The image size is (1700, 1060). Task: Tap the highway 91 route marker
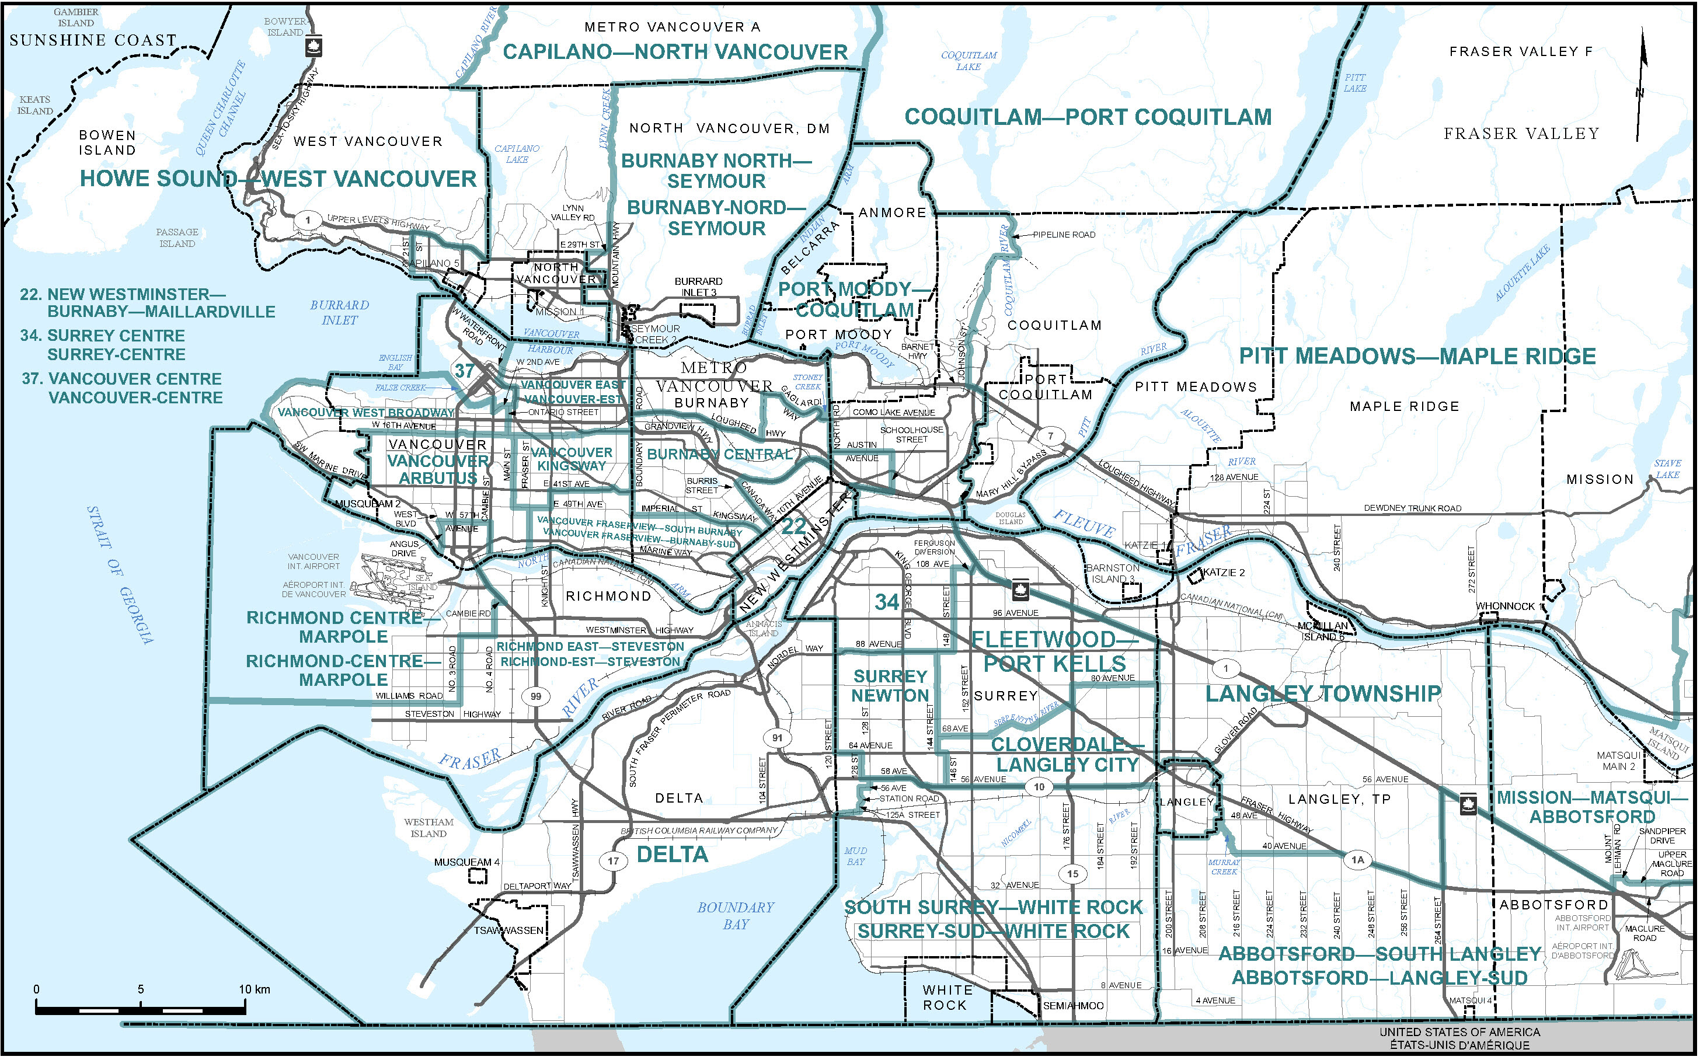point(777,738)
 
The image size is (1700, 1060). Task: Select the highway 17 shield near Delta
point(614,861)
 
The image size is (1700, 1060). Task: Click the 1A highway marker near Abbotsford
point(1357,859)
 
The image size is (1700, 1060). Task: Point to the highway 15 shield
point(1072,874)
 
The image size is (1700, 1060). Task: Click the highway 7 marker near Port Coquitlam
point(1050,435)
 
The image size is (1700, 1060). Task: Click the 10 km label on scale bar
point(254,989)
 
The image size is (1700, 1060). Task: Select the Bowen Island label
point(107,142)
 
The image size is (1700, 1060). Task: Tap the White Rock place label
point(947,997)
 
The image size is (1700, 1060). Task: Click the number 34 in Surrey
point(887,602)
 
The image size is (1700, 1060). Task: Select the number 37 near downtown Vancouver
point(465,370)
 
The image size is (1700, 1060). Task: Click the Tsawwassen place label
point(508,930)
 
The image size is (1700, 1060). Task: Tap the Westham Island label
point(429,828)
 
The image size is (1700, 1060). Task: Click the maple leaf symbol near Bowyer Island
point(313,47)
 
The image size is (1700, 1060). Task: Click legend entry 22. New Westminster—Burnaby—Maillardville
point(147,303)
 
